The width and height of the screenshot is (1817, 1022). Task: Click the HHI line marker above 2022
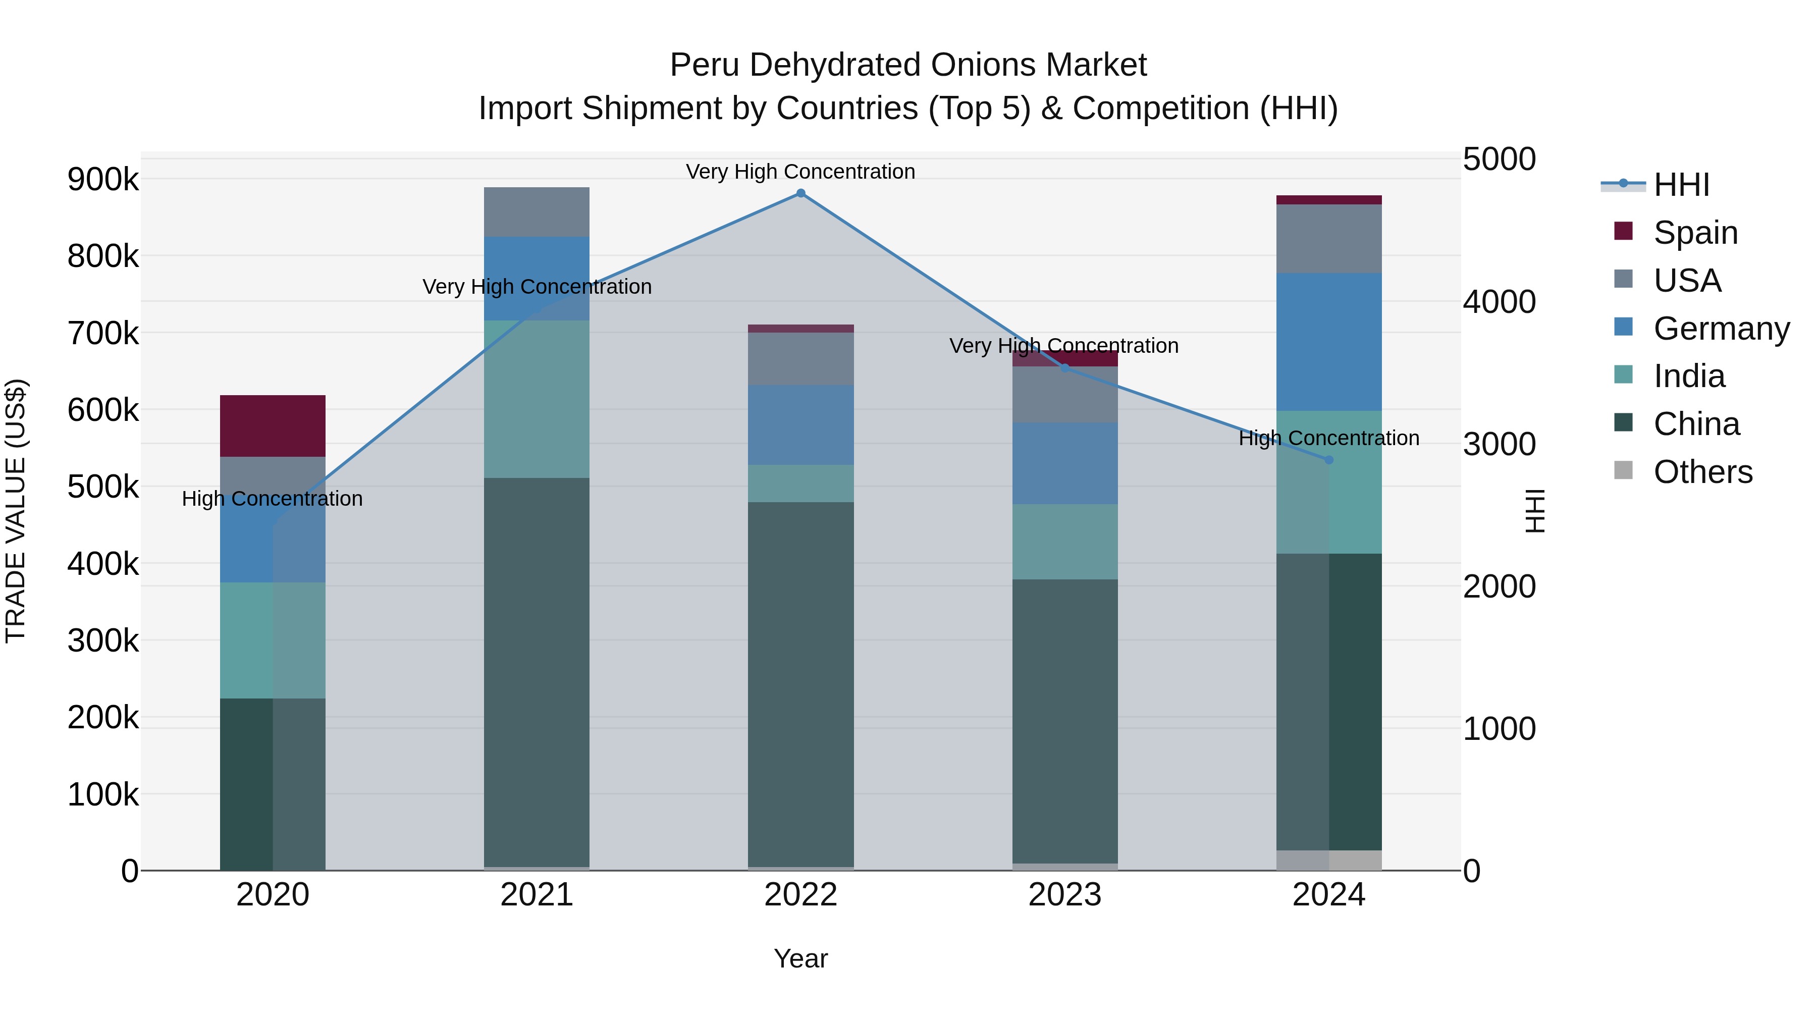coord(800,193)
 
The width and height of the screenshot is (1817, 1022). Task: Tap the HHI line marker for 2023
coord(1065,367)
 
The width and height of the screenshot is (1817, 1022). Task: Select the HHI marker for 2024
coord(1329,460)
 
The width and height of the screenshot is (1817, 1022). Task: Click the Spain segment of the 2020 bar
coord(273,426)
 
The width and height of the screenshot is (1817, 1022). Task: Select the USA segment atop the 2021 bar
coord(537,211)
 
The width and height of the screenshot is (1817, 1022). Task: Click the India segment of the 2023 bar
coord(1065,542)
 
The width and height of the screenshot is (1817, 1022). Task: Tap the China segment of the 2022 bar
coord(800,684)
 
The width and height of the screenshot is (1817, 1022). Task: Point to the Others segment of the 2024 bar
coord(1329,860)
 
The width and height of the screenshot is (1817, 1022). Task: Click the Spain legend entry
coord(1695,233)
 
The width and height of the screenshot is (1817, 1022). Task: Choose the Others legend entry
coord(1702,472)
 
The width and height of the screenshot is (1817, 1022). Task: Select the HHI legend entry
coord(1681,185)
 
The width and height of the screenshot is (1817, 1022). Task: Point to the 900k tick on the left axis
coord(103,179)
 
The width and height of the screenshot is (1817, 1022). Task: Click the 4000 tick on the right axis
coord(1499,302)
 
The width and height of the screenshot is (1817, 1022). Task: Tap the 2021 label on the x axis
coord(537,895)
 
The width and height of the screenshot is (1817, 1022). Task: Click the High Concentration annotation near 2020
coord(272,499)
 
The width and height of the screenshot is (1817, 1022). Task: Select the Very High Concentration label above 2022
coord(800,172)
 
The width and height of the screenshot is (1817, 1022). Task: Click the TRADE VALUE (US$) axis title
coord(16,511)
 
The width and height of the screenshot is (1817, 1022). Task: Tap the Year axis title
coord(800,958)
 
